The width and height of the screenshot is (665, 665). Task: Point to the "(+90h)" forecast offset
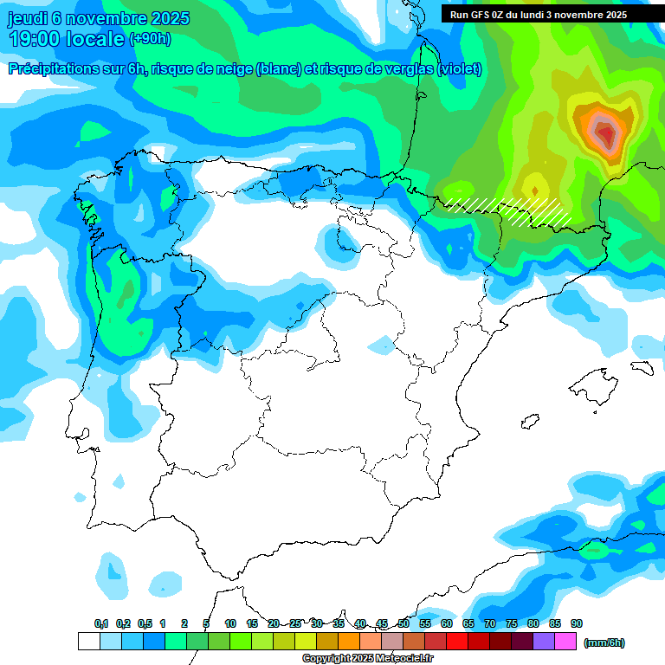click(150, 39)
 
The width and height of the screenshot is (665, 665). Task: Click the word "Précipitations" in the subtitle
click(54, 69)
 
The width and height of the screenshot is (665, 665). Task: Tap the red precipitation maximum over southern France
click(607, 134)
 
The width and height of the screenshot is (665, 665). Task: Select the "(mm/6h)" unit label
click(604, 642)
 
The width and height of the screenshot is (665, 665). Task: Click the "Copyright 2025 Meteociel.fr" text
click(367, 659)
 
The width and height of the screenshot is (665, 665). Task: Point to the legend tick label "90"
click(576, 623)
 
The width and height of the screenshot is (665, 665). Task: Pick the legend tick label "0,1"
click(100, 623)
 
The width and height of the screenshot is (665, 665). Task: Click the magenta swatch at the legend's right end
click(565, 642)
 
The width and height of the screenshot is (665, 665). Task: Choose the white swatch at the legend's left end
click(88, 642)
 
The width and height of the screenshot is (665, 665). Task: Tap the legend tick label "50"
click(404, 623)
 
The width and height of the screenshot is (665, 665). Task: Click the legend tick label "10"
click(230, 623)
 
